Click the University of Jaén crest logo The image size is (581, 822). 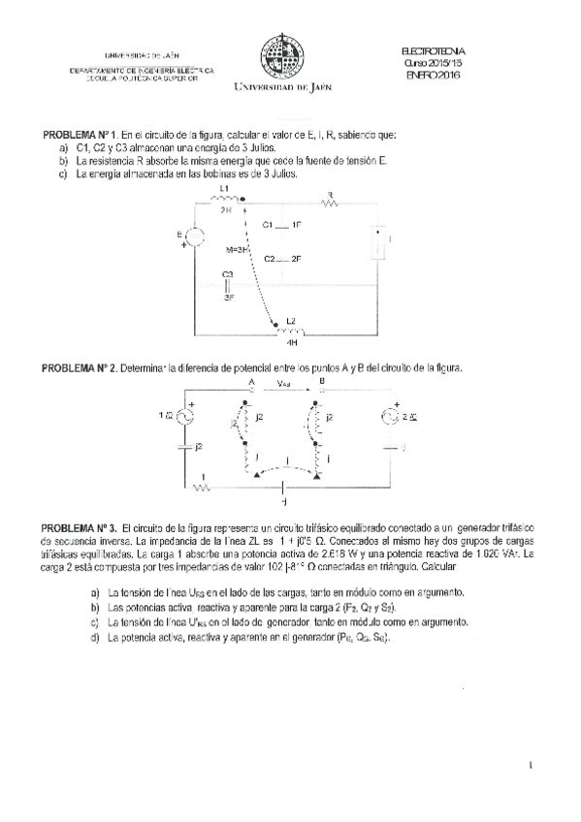pyautogui.click(x=280, y=56)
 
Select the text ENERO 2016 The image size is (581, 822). pyautogui.click(x=433, y=76)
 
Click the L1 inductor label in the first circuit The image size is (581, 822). pyautogui.click(x=224, y=188)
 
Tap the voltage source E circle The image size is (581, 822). pyautogui.click(x=192, y=237)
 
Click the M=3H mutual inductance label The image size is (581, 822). pyautogui.click(x=237, y=250)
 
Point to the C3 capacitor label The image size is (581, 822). pyautogui.click(x=227, y=274)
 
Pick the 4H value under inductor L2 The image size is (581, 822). pyautogui.click(x=291, y=342)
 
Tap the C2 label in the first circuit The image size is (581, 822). pyautogui.click(x=271, y=259)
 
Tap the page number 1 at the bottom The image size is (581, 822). pyautogui.click(x=533, y=766)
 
